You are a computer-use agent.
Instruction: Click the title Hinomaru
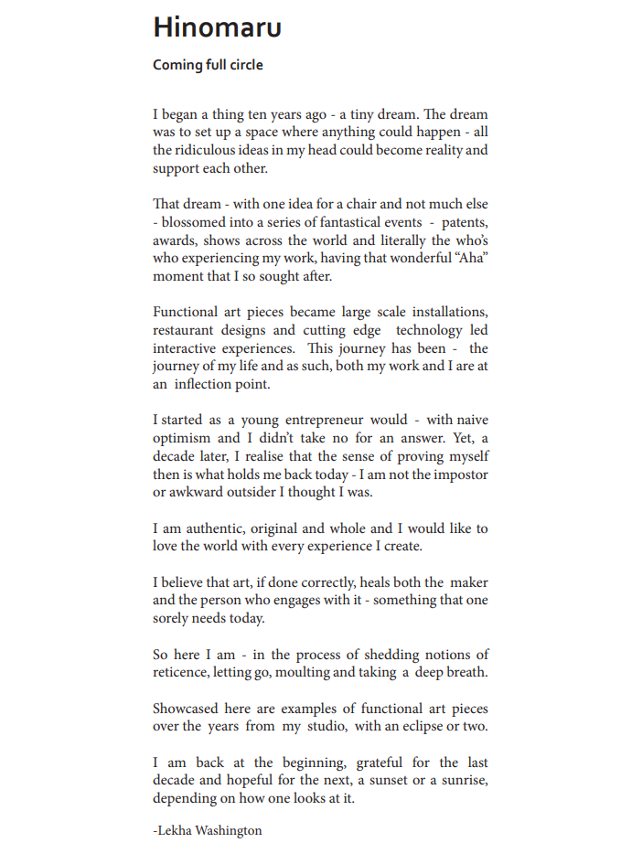[217, 27]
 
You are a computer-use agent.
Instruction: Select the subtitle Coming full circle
[208, 65]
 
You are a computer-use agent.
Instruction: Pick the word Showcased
[187, 709]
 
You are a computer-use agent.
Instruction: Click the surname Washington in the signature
[229, 830]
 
